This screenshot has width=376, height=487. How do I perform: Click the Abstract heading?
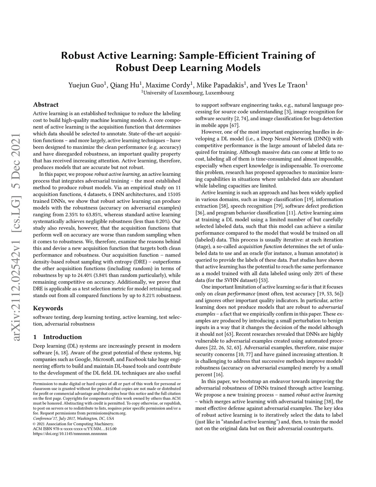click(46, 105)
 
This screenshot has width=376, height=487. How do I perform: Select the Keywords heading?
click(48, 308)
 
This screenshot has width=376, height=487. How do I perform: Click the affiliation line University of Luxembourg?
click(188, 93)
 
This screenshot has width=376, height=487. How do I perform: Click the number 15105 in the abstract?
click(173, 194)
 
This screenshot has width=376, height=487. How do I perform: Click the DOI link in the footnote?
click(70, 433)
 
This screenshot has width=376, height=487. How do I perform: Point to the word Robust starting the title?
click(77, 55)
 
